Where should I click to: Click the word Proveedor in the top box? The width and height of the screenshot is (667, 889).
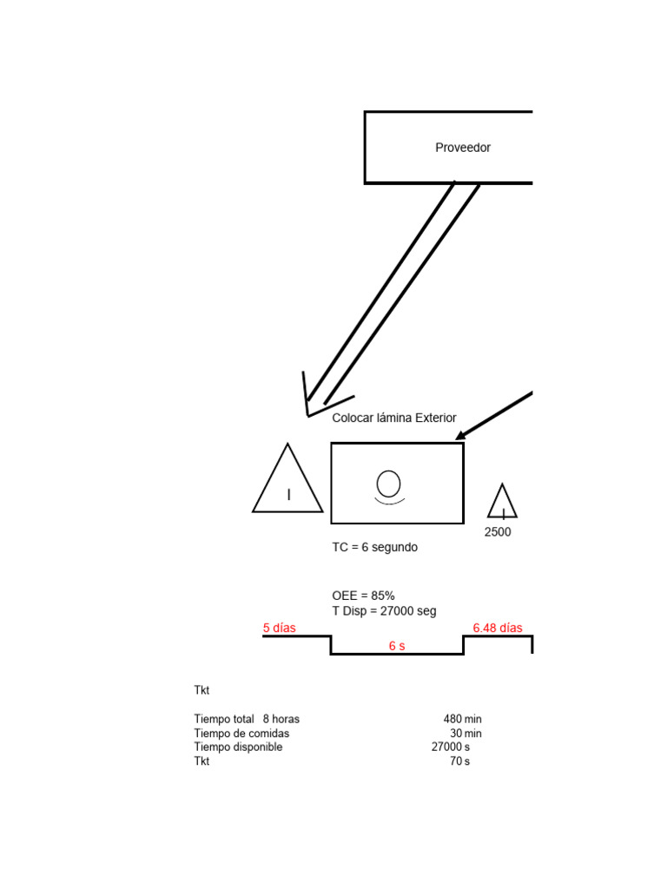pos(462,148)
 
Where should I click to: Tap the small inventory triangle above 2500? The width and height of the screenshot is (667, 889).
pos(502,504)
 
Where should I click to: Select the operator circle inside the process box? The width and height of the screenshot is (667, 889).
pos(389,484)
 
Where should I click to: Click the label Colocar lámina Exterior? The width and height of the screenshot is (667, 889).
pos(393,418)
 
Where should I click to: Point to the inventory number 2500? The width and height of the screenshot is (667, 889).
pos(498,532)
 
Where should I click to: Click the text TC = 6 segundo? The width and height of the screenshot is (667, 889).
pos(374,548)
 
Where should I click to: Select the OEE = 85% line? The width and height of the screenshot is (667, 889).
pos(363,596)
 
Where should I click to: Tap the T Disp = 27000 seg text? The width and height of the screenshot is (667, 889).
pos(384,610)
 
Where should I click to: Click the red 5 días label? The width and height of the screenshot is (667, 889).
pos(279,628)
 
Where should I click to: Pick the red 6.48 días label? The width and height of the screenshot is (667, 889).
pos(497,628)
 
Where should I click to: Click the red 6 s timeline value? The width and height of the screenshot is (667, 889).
pos(397,646)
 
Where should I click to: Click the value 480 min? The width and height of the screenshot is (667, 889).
pos(462,719)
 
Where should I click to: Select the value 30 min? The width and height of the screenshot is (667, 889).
pos(466,734)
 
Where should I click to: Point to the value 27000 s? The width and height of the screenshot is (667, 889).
pos(450,747)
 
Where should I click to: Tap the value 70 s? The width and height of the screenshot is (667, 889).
pos(459,761)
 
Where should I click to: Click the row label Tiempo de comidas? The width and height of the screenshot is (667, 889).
pos(241,734)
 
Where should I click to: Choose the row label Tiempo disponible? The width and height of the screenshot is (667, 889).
pos(238,747)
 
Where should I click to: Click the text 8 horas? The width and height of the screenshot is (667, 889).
pos(281,719)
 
